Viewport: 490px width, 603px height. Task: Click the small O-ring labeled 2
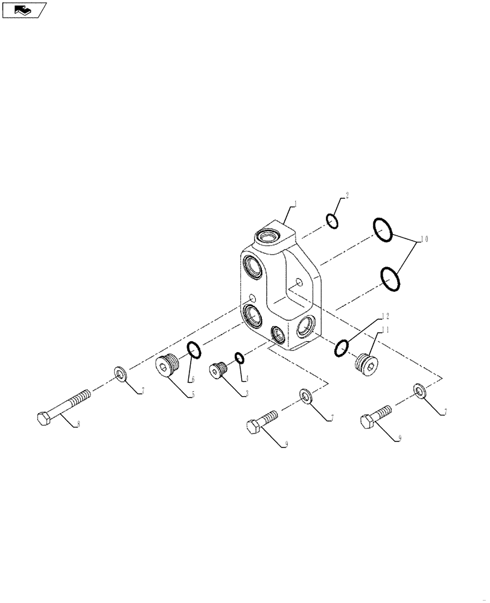tap(332, 221)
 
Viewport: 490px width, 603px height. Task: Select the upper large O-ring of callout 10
tap(383, 230)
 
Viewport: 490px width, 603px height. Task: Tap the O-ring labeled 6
tap(194, 349)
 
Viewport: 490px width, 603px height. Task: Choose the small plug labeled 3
tap(218, 370)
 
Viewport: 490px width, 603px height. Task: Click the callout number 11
tap(384, 329)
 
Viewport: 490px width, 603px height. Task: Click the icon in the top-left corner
tap(24, 10)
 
